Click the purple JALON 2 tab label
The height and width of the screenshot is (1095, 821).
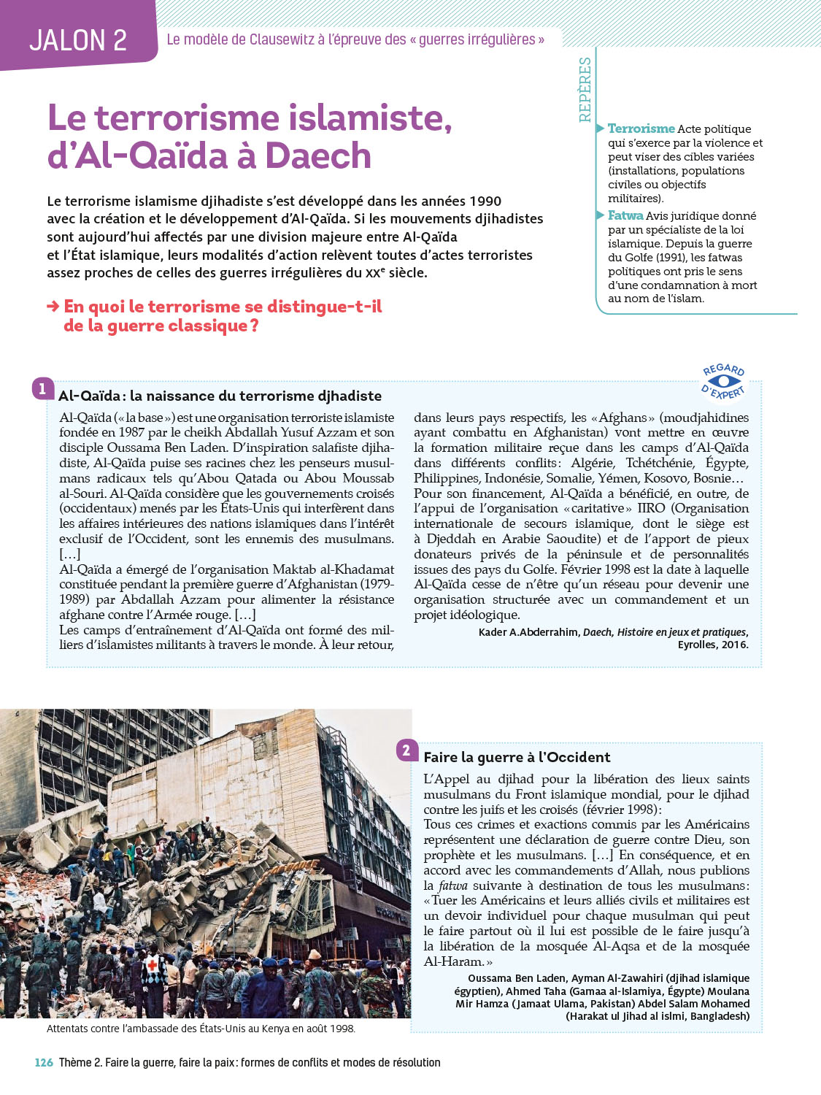[78, 40]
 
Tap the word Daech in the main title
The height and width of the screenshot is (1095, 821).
[318, 156]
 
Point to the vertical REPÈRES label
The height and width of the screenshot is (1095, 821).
[585, 89]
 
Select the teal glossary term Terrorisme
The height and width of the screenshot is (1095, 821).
[641, 129]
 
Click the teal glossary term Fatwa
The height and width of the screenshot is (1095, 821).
[625, 216]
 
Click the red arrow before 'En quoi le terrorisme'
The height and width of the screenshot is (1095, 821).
[53, 307]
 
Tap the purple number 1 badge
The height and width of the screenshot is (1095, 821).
[42, 388]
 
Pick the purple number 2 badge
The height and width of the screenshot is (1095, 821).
[406, 750]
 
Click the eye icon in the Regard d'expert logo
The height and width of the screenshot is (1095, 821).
[723, 381]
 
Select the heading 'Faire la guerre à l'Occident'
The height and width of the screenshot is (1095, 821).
[517, 758]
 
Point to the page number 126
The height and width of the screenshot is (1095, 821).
[44, 1063]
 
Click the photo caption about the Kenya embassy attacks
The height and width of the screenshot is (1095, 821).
[201, 1029]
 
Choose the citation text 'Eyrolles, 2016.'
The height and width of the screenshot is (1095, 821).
[712, 645]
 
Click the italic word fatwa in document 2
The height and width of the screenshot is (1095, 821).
[452, 886]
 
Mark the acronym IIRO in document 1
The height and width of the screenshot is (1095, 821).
[651, 509]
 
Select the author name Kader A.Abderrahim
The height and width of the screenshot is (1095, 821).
[528, 632]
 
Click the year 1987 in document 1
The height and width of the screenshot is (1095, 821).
[131, 433]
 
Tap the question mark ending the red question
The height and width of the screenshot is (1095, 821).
[254, 326]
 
